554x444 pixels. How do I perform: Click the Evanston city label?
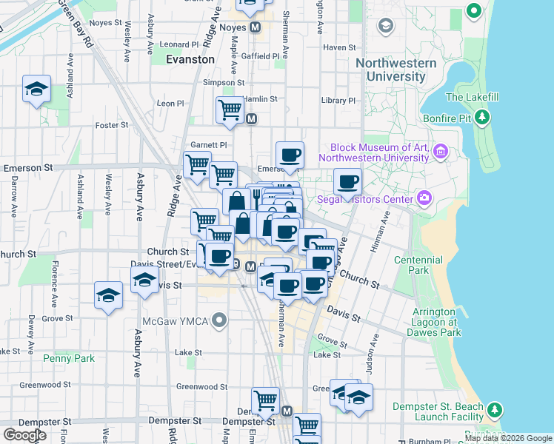[x=190, y=59]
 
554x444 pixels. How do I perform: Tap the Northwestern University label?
[x=390, y=70]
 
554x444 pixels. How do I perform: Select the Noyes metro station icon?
[x=256, y=27]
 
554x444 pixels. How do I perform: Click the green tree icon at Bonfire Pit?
[x=483, y=116]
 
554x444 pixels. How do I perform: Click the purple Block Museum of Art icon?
[x=442, y=152]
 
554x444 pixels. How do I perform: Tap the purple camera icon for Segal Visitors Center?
[x=424, y=198]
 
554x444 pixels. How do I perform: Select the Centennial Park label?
[x=418, y=265]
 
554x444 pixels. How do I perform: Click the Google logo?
[x=25, y=434]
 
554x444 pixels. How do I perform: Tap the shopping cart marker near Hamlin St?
[x=230, y=110]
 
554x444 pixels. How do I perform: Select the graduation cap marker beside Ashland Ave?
[x=36, y=89]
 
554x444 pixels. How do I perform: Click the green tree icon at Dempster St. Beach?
[x=494, y=408]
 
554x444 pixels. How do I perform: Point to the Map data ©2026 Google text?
[x=508, y=438]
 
